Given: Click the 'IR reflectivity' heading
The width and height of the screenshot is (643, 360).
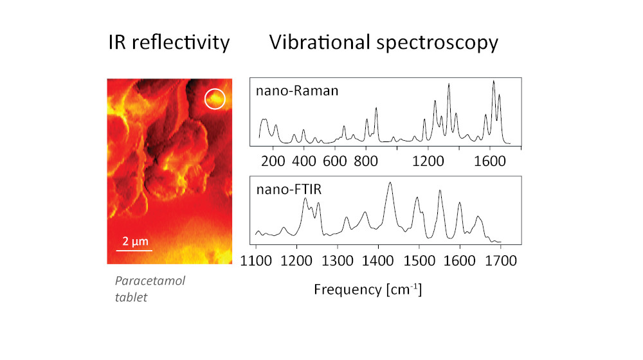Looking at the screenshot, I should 168,44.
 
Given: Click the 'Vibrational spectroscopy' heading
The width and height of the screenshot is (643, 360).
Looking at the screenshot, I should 384,44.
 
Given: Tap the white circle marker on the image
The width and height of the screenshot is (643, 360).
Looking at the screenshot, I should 215,99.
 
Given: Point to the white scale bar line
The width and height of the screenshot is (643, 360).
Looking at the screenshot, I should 134,250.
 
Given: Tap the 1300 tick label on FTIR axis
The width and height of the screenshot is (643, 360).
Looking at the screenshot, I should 338,260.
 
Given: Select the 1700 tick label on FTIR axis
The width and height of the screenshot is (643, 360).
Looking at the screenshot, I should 500,260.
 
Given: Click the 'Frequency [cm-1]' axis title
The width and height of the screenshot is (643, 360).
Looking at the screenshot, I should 367,289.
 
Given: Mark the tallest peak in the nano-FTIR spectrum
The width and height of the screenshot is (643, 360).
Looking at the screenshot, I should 390,184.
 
